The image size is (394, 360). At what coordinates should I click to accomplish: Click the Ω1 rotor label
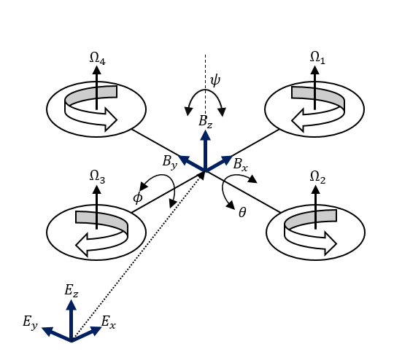317,58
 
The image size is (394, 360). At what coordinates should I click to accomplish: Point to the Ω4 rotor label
98,58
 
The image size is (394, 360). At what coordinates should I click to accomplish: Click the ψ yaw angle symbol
215,80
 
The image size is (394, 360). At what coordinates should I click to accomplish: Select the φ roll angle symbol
138,197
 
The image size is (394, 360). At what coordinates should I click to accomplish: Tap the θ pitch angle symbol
242,213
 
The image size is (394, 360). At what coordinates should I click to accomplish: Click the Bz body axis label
206,122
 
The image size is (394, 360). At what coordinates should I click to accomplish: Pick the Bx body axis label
241,165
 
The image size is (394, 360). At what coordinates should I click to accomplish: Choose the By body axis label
170,162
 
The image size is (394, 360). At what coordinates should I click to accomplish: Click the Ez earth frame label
72,291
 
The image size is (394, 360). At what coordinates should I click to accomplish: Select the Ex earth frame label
109,322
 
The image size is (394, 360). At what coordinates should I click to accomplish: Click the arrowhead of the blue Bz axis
206,136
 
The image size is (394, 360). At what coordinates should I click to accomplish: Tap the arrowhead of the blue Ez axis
71,305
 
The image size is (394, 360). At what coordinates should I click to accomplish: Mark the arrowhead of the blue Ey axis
47,331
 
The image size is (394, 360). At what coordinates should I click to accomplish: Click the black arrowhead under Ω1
315,70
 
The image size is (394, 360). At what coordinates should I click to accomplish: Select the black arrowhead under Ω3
97,189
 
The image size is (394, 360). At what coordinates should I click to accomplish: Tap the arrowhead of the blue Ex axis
96,330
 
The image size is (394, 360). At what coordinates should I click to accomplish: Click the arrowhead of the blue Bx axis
227,160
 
